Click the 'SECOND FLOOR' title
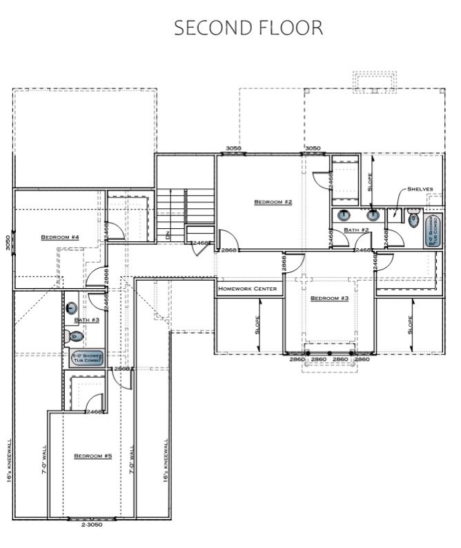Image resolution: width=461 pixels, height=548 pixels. (x=248, y=28)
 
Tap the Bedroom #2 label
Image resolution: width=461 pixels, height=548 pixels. (x=273, y=202)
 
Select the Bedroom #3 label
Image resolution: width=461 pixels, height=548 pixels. (x=329, y=298)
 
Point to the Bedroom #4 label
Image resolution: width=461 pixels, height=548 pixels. (x=60, y=237)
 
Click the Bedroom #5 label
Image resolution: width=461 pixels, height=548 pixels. (x=92, y=456)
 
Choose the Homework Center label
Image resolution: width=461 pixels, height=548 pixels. (x=248, y=289)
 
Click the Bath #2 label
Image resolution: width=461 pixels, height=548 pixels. (x=357, y=230)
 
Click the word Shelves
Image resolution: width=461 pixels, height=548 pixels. (x=420, y=189)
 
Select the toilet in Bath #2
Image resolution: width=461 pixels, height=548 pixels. (x=414, y=220)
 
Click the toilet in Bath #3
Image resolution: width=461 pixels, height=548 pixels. (x=76, y=336)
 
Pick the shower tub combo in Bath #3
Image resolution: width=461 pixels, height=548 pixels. (x=87, y=358)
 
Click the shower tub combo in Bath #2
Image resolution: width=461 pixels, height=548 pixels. (x=433, y=230)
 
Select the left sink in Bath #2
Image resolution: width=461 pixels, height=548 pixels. (x=344, y=215)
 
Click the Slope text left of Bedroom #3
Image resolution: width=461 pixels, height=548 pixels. (x=257, y=323)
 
